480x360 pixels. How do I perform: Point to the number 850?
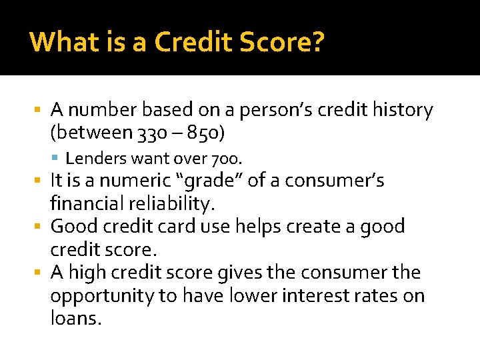pos(204,133)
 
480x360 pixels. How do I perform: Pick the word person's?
pos(259,109)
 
